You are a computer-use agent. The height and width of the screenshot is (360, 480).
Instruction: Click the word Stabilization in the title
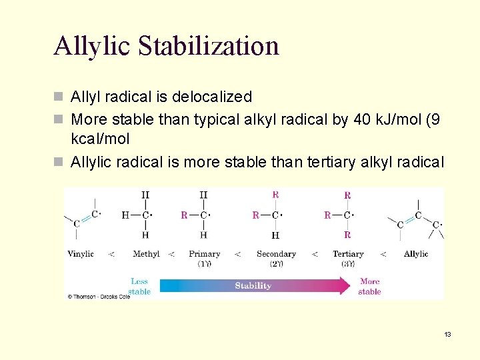pos(209,46)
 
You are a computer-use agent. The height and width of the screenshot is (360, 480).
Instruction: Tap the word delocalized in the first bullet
pos(212,97)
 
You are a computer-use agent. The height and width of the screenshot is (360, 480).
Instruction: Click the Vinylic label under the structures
pos(81,254)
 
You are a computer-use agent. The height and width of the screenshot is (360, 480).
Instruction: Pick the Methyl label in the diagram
pos(146,254)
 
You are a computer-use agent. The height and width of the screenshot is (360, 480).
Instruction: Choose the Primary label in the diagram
pos(204,254)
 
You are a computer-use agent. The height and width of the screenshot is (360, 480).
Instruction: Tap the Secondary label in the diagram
pos(276,254)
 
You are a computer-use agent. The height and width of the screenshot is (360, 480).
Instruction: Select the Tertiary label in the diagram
pos(348,254)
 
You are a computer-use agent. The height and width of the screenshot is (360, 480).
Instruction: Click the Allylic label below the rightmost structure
pos(416,254)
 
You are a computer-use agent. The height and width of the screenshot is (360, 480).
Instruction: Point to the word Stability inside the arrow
pos(253,286)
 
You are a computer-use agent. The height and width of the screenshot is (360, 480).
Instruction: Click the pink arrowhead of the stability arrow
pos(343,286)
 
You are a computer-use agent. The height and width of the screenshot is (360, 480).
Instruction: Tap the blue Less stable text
pos(139,287)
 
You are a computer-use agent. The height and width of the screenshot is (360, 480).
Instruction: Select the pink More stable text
pos(369,287)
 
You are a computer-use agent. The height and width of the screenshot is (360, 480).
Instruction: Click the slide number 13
pos(447,334)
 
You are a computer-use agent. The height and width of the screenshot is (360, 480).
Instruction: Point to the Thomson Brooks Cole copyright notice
pos(97,296)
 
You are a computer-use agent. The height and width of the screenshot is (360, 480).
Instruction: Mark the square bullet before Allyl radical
pos(59,97)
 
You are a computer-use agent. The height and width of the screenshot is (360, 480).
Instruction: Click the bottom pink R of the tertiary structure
pos(347,235)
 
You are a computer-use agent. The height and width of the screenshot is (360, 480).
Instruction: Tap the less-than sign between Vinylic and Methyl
pos(111,254)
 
